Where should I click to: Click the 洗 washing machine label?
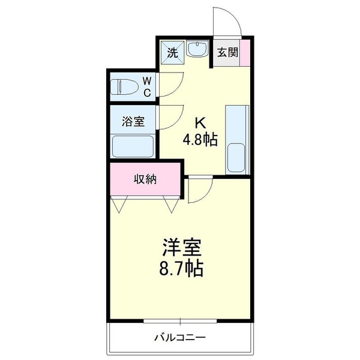(172, 52)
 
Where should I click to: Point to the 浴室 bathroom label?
(133, 122)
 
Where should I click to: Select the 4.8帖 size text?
(200, 140)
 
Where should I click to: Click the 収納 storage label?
(145, 179)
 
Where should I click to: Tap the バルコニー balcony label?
(180, 338)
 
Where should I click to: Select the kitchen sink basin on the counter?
(237, 157)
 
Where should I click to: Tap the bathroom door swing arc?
(172, 118)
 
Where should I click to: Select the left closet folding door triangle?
(119, 205)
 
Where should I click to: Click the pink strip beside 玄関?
(244, 52)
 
